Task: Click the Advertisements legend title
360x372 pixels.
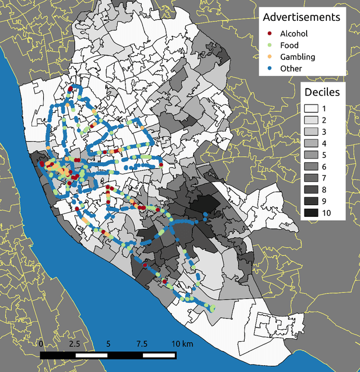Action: point(302,17)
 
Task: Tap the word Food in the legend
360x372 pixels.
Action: point(289,45)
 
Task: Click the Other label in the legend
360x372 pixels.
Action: point(291,69)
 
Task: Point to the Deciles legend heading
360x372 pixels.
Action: point(322,92)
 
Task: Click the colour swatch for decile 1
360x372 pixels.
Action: point(311,108)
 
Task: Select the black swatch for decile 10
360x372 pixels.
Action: point(311,212)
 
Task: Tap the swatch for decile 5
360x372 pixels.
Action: point(311,155)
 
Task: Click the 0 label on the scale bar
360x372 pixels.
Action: point(41,343)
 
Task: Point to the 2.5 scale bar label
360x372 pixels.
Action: point(74,343)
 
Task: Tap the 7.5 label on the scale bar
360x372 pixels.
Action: point(142,343)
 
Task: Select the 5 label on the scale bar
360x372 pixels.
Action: point(108,343)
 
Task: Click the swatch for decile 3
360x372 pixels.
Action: point(311,131)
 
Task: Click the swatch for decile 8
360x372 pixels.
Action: point(311,189)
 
